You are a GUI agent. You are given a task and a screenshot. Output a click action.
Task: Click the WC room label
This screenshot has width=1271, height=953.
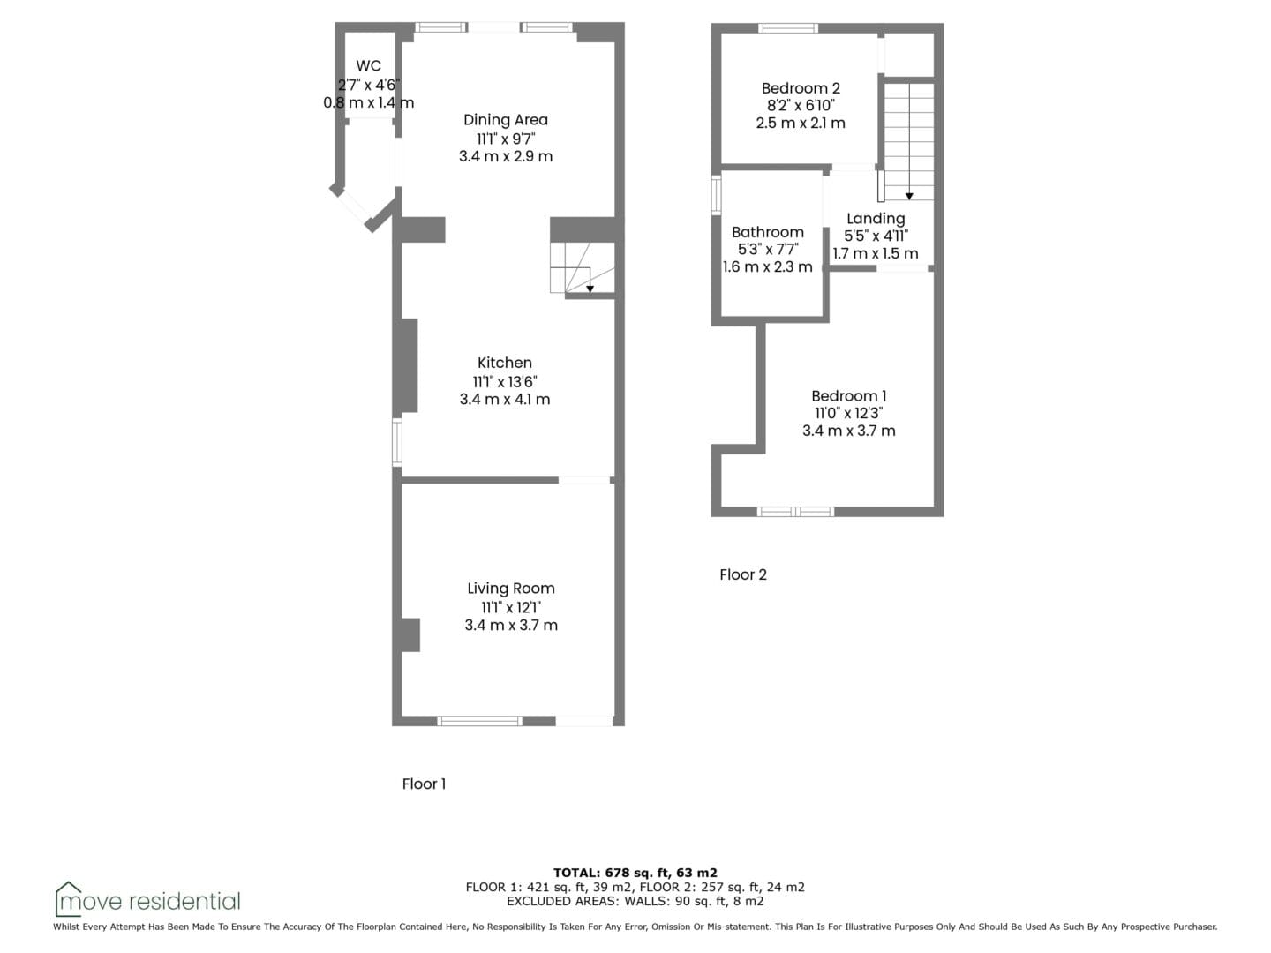click(368, 66)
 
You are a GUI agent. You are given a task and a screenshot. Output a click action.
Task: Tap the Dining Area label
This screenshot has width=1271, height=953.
click(506, 120)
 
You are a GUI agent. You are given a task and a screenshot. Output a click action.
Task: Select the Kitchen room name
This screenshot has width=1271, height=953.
click(504, 363)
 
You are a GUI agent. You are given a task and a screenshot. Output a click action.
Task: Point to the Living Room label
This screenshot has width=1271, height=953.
click(511, 589)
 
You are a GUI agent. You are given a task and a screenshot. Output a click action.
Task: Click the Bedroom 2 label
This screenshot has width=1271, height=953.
click(801, 88)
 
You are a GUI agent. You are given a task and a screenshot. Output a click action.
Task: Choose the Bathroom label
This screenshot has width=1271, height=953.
click(768, 232)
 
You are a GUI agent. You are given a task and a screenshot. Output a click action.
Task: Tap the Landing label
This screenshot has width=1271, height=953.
click(876, 219)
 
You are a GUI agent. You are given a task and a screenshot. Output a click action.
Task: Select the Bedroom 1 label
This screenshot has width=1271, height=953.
click(849, 396)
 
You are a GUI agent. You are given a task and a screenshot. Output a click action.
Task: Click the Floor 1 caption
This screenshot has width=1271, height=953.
click(424, 784)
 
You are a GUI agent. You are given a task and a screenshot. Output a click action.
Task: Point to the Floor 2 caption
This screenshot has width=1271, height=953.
click(743, 574)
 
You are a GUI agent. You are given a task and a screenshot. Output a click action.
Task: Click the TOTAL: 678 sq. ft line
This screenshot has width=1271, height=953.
click(635, 873)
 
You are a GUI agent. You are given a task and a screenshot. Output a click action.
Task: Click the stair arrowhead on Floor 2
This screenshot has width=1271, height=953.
click(909, 197)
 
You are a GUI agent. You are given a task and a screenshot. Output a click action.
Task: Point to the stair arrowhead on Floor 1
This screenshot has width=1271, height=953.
click(590, 289)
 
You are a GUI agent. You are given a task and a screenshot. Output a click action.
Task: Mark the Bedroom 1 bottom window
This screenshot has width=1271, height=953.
click(795, 512)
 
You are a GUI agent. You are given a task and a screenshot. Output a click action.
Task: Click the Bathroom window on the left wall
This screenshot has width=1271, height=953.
click(717, 196)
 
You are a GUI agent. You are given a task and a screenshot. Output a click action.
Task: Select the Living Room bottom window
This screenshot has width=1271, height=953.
click(479, 721)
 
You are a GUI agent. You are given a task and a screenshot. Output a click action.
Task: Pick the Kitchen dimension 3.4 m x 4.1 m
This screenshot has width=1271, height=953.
click(505, 399)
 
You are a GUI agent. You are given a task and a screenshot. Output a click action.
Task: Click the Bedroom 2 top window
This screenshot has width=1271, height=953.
click(788, 27)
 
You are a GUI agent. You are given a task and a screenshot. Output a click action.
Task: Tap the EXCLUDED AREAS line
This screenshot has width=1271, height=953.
click(635, 901)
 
